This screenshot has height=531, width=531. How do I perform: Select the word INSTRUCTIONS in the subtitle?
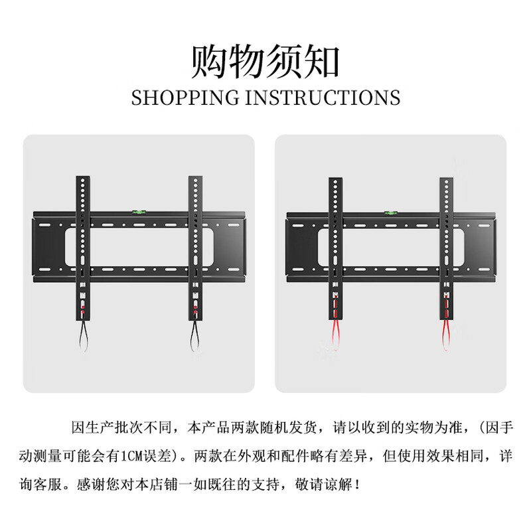click(323, 98)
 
